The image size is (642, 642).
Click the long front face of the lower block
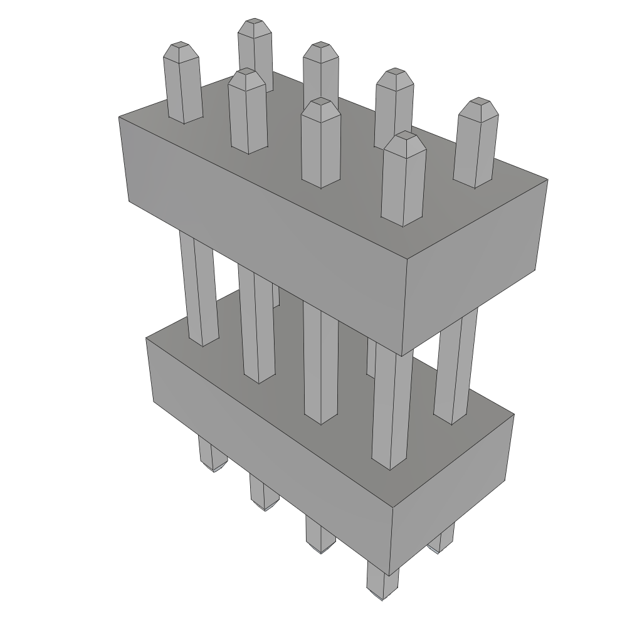[x=270, y=439]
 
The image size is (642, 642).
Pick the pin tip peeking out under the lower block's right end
[x=443, y=542]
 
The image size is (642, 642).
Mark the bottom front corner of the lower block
[x=390, y=575]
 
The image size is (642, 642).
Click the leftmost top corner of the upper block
[x=120, y=117]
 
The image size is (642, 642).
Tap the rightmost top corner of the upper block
[x=547, y=181]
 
